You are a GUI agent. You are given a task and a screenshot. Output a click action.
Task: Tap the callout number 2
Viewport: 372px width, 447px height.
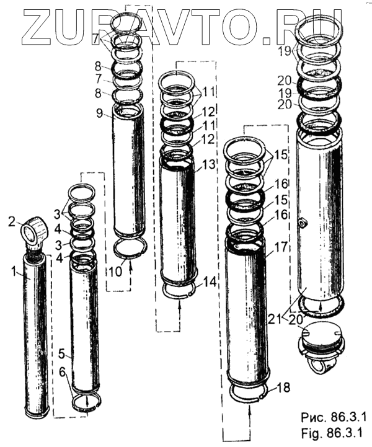coord(11,222)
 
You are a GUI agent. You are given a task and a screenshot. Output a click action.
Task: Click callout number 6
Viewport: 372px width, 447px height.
coord(63,371)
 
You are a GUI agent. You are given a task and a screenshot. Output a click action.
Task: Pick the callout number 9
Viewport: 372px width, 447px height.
coord(99,113)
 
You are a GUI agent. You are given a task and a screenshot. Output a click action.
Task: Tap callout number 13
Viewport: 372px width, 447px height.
coord(209,164)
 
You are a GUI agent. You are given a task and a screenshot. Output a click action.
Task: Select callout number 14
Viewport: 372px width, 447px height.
coord(210,283)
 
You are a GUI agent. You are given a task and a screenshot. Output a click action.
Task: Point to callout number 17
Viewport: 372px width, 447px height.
coord(281,247)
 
